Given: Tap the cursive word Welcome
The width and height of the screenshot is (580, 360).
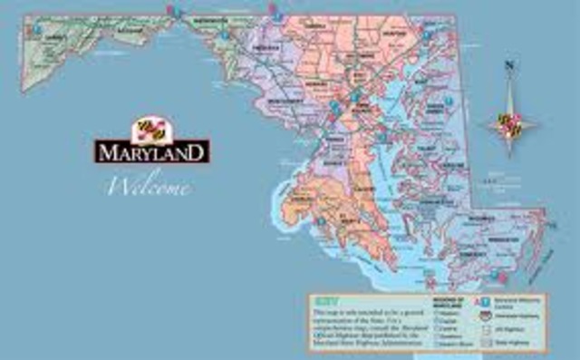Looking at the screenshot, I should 149,188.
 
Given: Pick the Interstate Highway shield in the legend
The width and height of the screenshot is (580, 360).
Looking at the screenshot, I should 487,311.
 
